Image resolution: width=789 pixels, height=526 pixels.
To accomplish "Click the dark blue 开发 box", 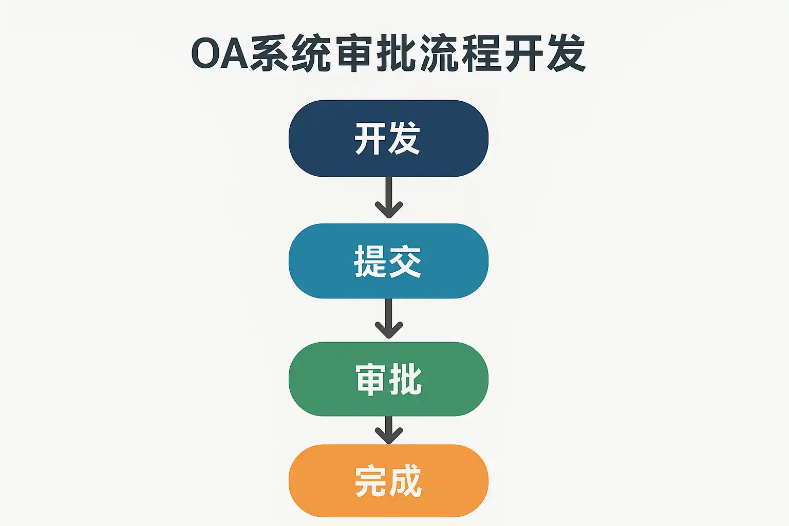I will click(x=388, y=139).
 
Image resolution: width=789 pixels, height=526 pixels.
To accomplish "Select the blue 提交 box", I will click(x=388, y=261).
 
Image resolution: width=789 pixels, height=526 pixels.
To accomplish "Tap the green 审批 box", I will click(x=388, y=379).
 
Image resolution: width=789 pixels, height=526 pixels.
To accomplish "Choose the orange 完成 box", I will click(x=388, y=481).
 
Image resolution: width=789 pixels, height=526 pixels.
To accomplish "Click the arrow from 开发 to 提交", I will click(x=388, y=198).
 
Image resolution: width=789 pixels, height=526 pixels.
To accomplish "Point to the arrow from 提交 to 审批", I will click(x=388, y=318).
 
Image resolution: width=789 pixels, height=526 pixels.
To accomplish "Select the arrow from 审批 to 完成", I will click(x=388, y=430).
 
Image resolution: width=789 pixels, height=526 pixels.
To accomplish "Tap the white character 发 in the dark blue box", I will click(x=405, y=139).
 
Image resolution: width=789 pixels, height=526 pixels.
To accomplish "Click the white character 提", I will click(x=370, y=261).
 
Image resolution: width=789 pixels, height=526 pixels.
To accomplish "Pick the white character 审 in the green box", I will click(x=371, y=380).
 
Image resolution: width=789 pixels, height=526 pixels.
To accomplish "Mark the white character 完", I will click(x=371, y=481).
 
